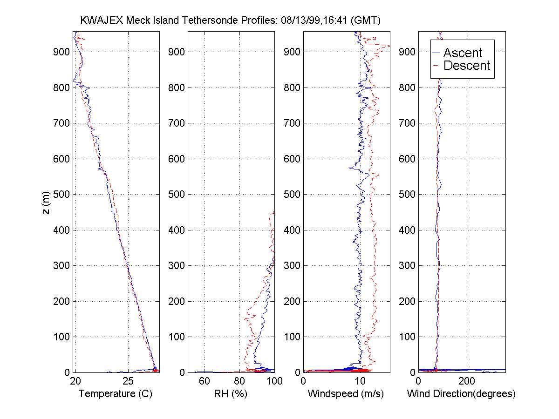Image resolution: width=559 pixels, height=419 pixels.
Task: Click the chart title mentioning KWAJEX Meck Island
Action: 231,20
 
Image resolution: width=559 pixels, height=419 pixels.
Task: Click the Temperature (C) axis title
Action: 116,394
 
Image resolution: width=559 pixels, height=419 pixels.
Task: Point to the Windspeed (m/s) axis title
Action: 346,394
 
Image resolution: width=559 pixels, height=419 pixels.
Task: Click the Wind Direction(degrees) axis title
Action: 461,394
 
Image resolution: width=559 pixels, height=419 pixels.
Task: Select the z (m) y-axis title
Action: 45,203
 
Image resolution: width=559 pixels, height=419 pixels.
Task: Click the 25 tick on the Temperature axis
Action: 129,381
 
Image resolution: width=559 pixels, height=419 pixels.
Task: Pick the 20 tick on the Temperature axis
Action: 75,381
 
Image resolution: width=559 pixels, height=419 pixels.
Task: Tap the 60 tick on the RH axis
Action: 205,381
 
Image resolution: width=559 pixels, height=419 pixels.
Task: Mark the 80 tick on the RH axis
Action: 239,381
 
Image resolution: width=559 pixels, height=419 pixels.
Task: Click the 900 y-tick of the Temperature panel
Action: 62,52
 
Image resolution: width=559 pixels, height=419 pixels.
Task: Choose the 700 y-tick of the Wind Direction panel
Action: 408,123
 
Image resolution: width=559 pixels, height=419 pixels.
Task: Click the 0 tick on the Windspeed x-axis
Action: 304,381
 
